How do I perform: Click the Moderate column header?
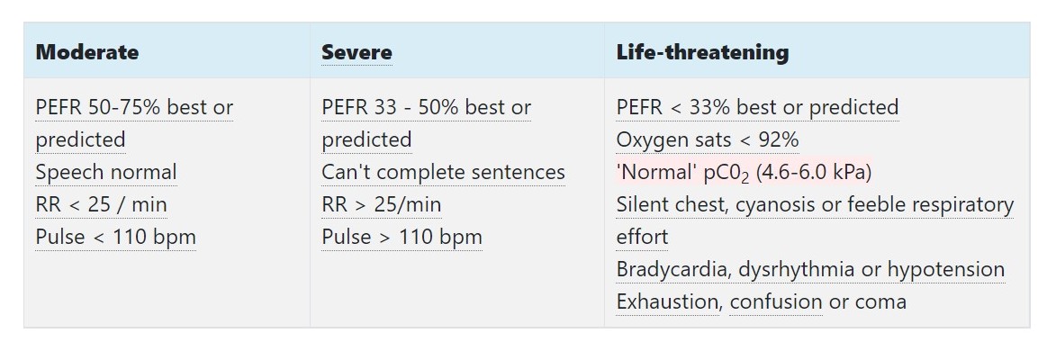point(87,52)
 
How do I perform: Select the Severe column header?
point(357,52)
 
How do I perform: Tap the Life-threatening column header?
point(702,52)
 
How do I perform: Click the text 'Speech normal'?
point(106,172)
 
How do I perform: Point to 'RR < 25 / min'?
point(101,204)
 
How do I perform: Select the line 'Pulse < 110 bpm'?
point(115,237)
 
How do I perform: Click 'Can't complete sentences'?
point(443,172)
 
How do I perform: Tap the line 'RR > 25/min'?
point(382,204)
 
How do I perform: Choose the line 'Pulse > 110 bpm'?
point(402,237)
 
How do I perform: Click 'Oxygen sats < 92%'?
point(708,139)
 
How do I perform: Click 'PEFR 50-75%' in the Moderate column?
point(98,107)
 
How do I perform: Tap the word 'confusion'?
point(776,301)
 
